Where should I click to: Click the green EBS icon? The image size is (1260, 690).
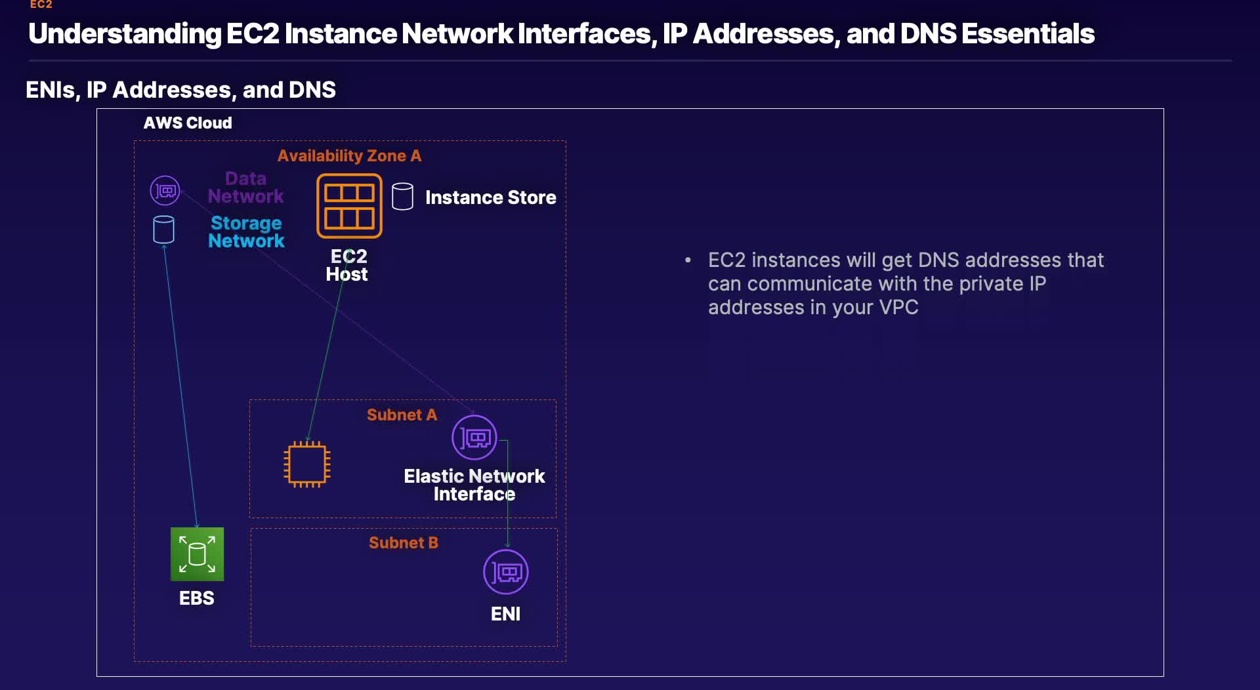197,554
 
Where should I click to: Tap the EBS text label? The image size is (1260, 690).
197,598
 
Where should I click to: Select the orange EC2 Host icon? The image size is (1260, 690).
349,206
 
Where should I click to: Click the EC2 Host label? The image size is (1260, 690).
347,265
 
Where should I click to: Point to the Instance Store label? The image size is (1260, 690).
490,197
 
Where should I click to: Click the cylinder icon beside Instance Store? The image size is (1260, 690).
402,196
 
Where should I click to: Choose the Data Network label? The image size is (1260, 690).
246,188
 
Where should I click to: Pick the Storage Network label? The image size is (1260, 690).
246,232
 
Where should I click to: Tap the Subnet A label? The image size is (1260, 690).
402,415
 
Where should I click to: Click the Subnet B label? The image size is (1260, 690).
403,542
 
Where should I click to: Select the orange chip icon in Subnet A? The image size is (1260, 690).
306,464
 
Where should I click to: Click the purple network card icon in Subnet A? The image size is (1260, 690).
474,437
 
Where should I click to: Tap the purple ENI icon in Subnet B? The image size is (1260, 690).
505,572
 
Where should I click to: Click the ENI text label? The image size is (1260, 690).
505,614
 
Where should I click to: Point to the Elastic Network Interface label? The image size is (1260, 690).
474,485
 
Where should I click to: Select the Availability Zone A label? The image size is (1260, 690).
349,155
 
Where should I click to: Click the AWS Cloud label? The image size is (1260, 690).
188,123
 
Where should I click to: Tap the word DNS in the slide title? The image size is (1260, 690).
928,33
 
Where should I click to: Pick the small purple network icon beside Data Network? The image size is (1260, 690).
165,191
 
